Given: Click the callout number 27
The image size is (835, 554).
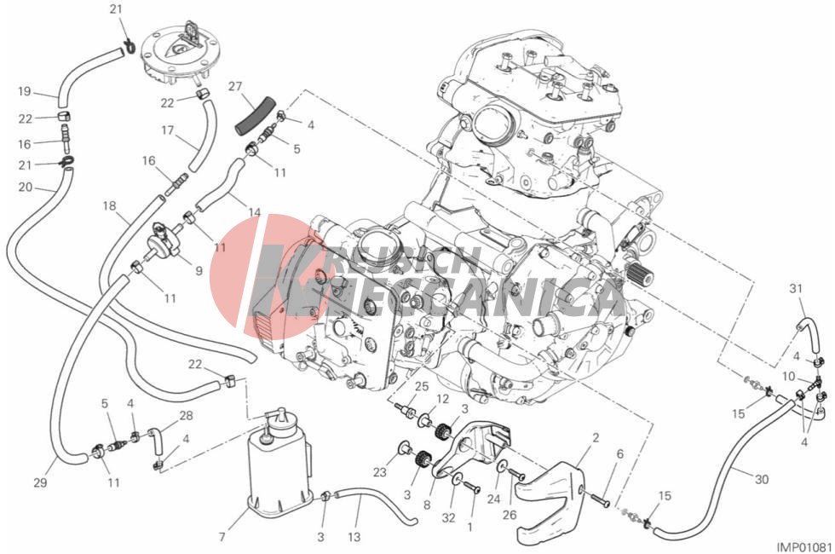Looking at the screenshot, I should point(236,86).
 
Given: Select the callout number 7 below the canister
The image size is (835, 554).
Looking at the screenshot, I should point(222,537).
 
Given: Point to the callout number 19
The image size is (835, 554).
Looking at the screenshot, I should point(25,91).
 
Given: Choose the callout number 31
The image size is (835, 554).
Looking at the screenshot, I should point(796,287).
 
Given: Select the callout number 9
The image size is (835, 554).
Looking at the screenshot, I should point(198,271).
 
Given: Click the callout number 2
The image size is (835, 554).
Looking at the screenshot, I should point(595,437).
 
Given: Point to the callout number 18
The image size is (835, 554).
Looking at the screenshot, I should point(109,206).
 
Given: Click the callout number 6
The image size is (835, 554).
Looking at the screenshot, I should point(619,455).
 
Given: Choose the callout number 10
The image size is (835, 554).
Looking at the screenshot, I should point(789,376).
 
